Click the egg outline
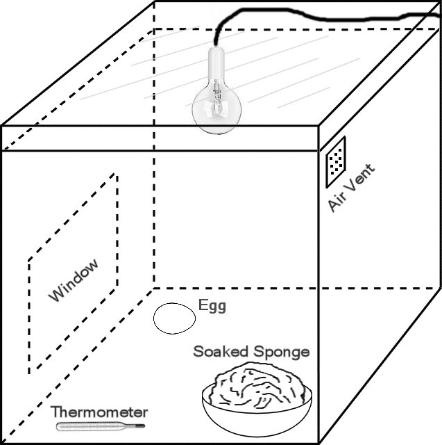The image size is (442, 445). coord(174,318)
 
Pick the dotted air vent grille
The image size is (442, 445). coord(336,161)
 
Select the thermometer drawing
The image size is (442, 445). coord(101,424)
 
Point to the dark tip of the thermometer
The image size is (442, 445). coord(142,423)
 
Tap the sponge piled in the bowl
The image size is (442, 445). coord(257,385)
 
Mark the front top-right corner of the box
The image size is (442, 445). coord(318,126)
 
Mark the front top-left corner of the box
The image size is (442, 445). coord(1,126)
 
